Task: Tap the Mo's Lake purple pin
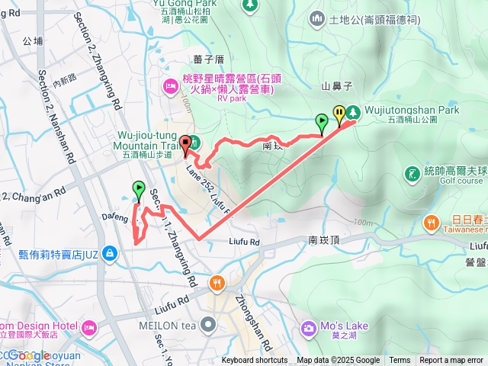coord(308,329)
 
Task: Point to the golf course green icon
coord(413,175)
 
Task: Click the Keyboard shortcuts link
coord(255,361)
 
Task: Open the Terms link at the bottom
coord(400,361)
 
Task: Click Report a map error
coord(452,361)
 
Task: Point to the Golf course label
coord(461,181)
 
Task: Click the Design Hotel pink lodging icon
coord(88,328)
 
